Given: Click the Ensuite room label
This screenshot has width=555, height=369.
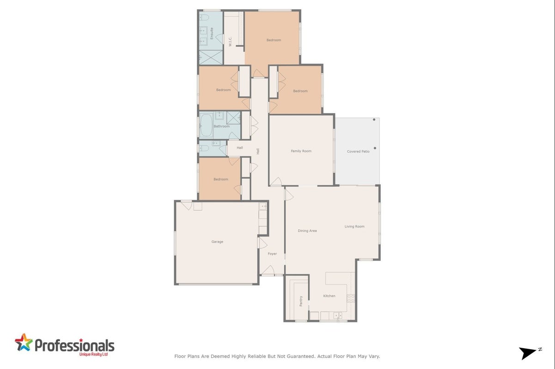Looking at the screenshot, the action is [212, 33].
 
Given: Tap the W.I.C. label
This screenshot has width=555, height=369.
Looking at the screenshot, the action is [230, 42].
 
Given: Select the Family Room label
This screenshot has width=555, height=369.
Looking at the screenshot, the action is [301, 151].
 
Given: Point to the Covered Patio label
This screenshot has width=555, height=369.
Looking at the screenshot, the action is [358, 151].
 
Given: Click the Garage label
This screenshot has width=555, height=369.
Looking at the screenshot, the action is [217, 242].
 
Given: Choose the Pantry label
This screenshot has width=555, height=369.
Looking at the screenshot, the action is [301, 301].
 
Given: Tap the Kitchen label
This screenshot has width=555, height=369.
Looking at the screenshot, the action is [329, 296].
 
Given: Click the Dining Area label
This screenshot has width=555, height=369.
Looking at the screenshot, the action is [307, 231].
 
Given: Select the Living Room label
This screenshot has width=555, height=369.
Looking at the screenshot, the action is [354, 226].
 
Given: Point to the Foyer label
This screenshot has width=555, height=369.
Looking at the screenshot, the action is [272, 254].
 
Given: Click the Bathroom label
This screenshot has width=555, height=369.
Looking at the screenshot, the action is [221, 126].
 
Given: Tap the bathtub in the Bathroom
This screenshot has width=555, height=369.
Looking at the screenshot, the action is [206, 125].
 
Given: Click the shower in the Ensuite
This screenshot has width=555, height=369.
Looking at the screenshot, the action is [211, 57].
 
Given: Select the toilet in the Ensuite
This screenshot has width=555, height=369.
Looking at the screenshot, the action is [204, 18].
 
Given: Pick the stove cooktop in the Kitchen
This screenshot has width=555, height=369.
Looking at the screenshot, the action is [351, 298].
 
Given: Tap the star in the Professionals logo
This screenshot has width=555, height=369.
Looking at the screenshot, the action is [24, 342].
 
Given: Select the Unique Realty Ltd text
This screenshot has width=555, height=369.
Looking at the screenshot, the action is [93, 354].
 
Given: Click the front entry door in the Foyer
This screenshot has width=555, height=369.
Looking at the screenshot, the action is [268, 270].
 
